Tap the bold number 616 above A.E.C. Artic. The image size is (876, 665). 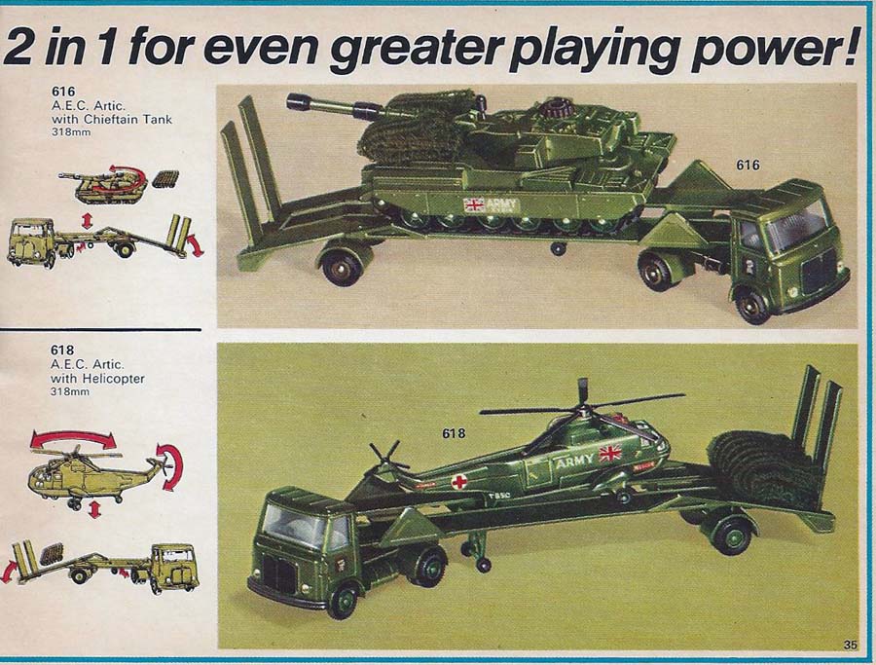coord(63,92)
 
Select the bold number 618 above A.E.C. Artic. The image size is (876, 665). coord(62,350)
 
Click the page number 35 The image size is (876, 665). coord(850,645)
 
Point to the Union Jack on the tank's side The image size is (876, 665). coord(474,205)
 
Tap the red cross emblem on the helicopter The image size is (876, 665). coord(459,481)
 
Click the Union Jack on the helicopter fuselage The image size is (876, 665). coord(610,453)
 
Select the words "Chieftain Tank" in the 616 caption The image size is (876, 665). coord(128,119)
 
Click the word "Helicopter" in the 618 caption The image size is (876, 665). coord(114,379)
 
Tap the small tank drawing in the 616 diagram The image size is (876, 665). coord(103,187)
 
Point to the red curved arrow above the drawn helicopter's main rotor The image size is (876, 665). coord(73,436)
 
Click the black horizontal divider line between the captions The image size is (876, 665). coord(100,330)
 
